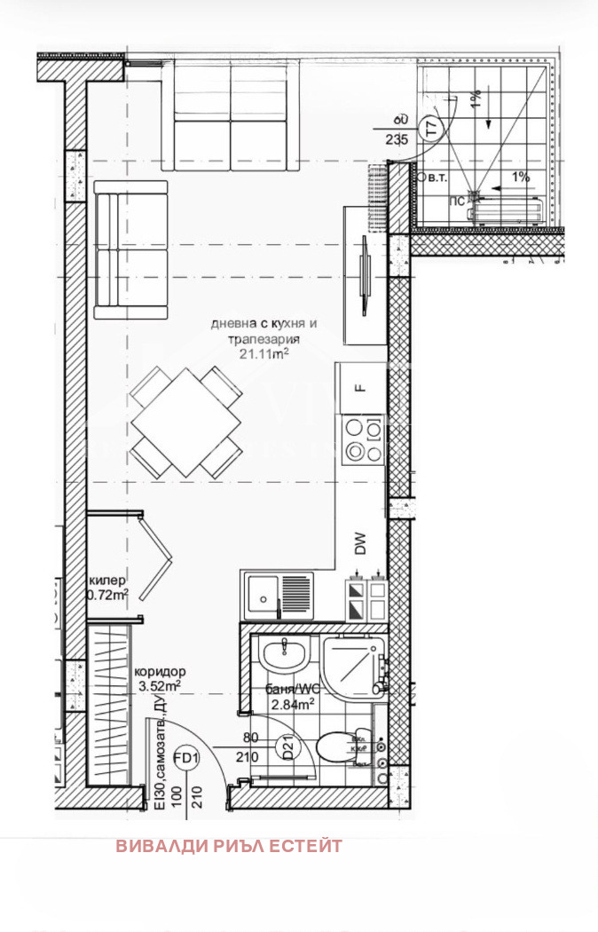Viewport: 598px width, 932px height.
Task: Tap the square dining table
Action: (x=187, y=421)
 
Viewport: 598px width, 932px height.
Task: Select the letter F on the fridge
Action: (x=360, y=387)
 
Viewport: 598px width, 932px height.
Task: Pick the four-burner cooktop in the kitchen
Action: (x=364, y=440)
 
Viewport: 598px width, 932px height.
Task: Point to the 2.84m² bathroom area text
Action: (x=292, y=705)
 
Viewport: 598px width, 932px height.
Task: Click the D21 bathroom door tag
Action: (x=287, y=748)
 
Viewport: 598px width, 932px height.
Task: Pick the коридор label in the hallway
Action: (x=160, y=672)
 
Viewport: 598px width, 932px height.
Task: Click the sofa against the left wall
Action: (x=130, y=249)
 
